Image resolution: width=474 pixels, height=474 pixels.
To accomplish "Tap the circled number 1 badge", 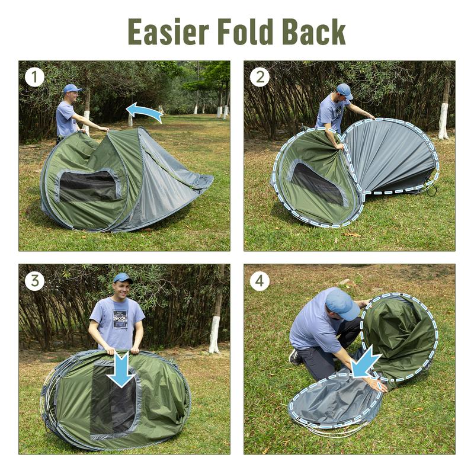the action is click(34, 77).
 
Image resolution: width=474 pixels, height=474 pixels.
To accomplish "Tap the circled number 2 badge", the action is click(260, 77).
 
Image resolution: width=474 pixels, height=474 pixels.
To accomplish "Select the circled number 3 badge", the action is click(34, 281).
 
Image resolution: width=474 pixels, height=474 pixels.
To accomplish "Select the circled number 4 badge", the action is click(260, 281).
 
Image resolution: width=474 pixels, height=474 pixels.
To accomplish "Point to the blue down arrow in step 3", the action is click(121, 369).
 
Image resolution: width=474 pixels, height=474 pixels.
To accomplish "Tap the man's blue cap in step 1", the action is click(72, 88).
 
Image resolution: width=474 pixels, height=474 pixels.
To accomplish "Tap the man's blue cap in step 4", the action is click(342, 303).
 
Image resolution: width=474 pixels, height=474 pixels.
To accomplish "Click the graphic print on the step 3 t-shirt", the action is click(121, 319).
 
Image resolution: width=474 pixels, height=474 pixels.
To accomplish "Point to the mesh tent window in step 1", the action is click(88, 186).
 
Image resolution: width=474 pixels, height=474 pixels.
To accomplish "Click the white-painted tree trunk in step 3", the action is click(214, 335).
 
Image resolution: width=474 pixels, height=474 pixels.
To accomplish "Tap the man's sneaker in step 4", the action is click(295, 357).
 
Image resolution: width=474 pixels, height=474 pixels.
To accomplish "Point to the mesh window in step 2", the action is click(318, 184).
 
